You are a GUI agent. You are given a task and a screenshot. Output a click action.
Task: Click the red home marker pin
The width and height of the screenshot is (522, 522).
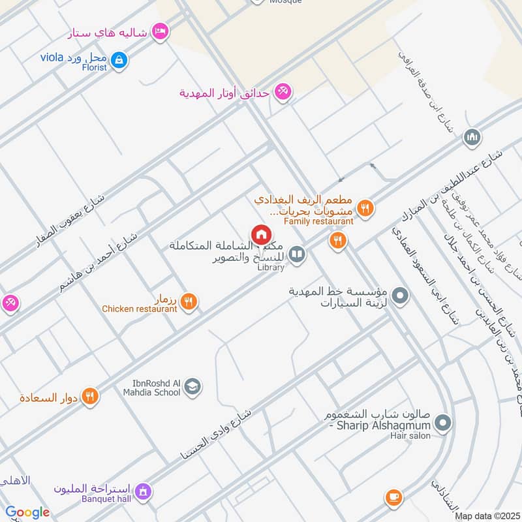click(261, 234)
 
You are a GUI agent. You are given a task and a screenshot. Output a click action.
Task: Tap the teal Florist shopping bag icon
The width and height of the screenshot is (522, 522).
click(119, 61)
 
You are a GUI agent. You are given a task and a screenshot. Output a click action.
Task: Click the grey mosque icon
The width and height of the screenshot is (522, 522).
click(471, 137)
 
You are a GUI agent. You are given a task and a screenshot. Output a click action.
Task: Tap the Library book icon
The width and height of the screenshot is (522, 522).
click(297, 254)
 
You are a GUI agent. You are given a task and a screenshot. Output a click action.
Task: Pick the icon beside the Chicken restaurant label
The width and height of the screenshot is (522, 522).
click(189, 301)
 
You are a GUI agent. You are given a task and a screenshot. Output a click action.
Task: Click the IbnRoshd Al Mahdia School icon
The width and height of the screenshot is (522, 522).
click(192, 388)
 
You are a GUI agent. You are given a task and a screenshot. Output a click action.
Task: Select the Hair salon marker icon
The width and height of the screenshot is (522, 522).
click(443, 424)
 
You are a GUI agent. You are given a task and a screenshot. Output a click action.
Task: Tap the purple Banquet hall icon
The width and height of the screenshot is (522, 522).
click(144, 491)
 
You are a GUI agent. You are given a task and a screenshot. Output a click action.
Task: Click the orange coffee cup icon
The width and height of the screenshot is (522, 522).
click(393, 498)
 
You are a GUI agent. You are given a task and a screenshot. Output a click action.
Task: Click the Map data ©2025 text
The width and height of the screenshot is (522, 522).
click(485, 516)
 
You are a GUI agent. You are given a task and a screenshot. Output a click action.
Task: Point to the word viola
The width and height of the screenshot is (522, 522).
click(51, 57)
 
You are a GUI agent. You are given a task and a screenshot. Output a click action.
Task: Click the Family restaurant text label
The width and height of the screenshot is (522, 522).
click(318, 221)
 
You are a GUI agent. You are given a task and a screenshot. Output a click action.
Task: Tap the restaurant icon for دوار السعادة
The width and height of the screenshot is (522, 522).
click(90, 395)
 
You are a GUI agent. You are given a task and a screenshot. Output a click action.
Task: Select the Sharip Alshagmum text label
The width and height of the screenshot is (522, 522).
click(378, 426)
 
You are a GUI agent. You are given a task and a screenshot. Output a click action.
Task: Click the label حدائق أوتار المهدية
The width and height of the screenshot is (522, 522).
click(224, 93)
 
